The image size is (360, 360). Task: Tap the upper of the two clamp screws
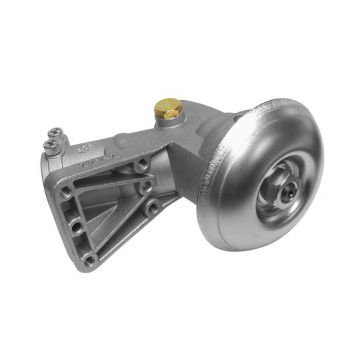(x=54, y=132)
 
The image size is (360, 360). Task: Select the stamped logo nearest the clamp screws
(x=83, y=147)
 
